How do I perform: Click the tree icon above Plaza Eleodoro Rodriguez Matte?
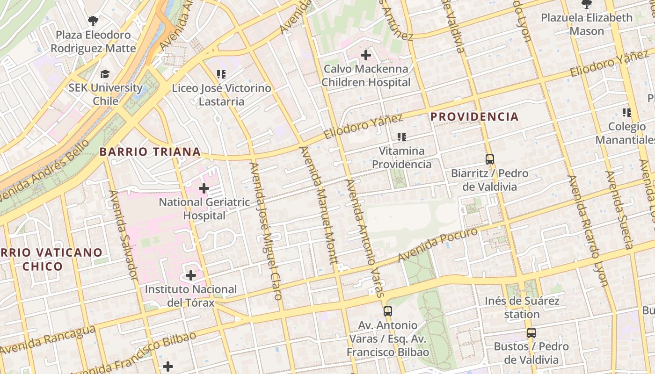pos(93,21)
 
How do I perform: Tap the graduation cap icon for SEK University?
pos(105,74)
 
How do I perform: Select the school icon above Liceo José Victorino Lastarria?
pos(221,74)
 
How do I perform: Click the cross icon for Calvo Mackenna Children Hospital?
pos(366,55)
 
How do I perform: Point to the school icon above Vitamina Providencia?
pos(401,137)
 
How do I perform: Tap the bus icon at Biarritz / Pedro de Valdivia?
pos(489,159)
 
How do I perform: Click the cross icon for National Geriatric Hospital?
pos(204,188)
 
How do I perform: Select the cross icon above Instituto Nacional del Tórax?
pos(191,275)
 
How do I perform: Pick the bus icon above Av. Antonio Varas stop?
pos(387,311)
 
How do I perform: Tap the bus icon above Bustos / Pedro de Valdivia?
pos(531,333)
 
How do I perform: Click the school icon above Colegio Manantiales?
pos(627,113)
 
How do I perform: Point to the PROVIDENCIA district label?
pos(474,117)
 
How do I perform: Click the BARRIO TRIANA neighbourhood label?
pos(150,152)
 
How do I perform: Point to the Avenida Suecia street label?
pos(619,210)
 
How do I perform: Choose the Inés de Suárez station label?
pos(522,307)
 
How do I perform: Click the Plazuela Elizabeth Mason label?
pos(587,24)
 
